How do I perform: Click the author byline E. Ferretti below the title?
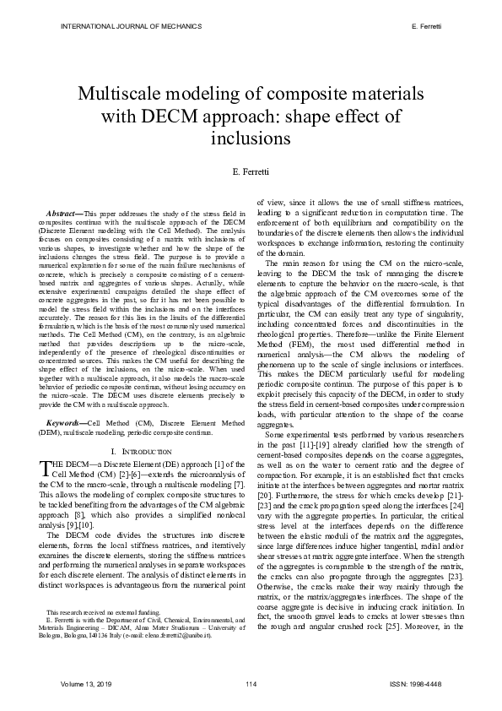coord(250,171)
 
